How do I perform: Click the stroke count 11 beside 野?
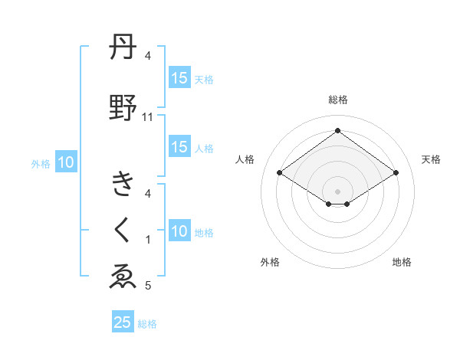tap(148, 117)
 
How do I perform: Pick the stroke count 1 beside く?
tap(148, 240)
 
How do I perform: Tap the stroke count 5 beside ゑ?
tap(148, 286)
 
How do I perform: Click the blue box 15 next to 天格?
tap(179, 78)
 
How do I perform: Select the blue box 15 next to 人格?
tap(179, 148)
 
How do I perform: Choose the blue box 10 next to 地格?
tap(179, 232)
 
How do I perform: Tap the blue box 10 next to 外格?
tap(66, 162)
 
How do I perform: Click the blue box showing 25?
tap(123, 322)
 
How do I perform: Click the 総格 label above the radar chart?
tap(337, 100)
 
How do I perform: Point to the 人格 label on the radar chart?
tap(245, 159)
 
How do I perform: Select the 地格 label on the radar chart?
tap(402, 263)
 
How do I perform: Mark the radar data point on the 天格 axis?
tap(396, 173)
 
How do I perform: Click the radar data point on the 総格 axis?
tap(337, 131)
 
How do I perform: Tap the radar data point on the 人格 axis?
tap(280, 173)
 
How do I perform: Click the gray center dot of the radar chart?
tap(337, 190)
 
